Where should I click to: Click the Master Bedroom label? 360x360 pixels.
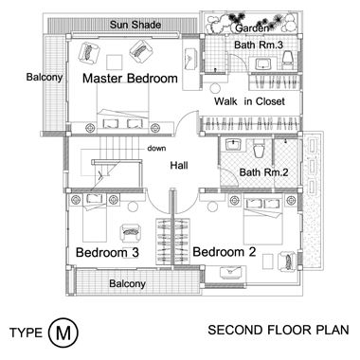click(x=130, y=79)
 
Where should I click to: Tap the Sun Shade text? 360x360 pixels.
click(x=135, y=25)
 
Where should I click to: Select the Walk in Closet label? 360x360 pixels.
click(x=249, y=101)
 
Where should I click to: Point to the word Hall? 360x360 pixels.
click(x=179, y=165)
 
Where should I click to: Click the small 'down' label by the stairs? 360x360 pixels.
click(x=156, y=148)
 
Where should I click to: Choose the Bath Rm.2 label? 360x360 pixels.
click(x=263, y=172)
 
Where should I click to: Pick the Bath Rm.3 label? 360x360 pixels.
click(x=259, y=45)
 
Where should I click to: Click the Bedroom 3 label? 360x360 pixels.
click(x=107, y=253)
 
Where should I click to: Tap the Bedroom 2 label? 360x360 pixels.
click(x=225, y=252)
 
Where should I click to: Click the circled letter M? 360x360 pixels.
click(x=63, y=333)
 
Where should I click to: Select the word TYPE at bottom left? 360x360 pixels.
click(x=26, y=333)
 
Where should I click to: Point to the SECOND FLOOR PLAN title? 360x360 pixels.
click(x=279, y=330)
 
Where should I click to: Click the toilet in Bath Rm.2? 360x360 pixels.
click(x=259, y=149)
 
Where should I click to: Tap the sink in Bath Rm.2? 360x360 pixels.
click(x=233, y=145)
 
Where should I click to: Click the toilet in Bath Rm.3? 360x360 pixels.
click(x=288, y=61)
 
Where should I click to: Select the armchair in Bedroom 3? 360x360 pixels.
click(x=130, y=233)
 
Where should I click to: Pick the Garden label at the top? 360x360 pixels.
click(x=252, y=28)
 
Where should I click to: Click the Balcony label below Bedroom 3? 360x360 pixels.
click(x=127, y=283)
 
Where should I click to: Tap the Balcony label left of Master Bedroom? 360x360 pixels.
click(x=45, y=77)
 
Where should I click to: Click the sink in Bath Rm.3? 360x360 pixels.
click(x=262, y=64)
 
